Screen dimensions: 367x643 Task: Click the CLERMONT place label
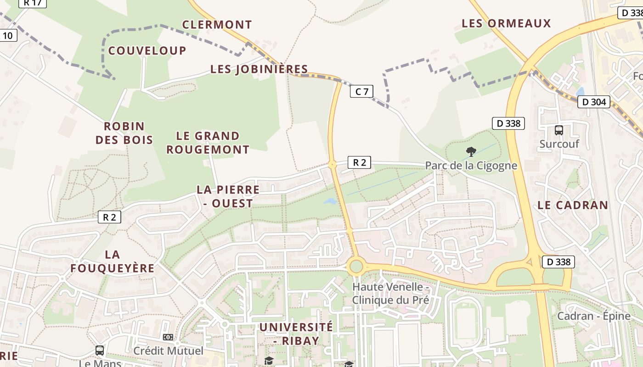pyautogui.click(x=217, y=25)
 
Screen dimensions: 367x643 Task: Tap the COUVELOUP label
pyautogui.click(x=147, y=50)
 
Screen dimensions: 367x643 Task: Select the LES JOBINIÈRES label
pyautogui.click(x=259, y=69)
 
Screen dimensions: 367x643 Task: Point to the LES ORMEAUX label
pyautogui.click(x=506, y=23)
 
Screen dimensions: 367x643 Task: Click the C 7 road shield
pyautogui.click(x=361, y=92)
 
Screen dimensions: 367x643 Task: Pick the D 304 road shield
pyautogui.click(x=594, y=102)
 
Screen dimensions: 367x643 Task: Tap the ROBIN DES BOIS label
pyautogui.click(x=124, y=133)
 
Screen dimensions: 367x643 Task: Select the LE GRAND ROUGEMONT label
pyautogui.click(x=208, y=143)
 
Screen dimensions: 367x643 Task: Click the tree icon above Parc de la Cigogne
pyautogui.click(x=471, y=152)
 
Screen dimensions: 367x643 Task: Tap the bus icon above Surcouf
pyautogui.click(x=558, y=130)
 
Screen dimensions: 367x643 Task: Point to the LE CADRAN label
pyautogui.click(x=573, y=205)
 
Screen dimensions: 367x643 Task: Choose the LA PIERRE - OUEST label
pyautogui.click(x=228, y=196)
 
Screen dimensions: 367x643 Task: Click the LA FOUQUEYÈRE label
pyautogui.click(x=113, y=261)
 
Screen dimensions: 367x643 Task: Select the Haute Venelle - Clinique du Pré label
pyautogui.click(x=390, y=294)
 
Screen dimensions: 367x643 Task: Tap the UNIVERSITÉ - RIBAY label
pyautogui.click(x=296, y=334)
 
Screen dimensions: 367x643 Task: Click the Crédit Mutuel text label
pyautogui.click(x=168, y=351)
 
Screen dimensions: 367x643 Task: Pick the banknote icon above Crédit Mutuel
pyautogui.click(x=168, y=337)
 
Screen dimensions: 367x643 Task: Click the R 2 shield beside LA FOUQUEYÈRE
pyautogui.click(x=109, y=217)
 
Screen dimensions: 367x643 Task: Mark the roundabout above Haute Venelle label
pyautogui.click(x=355, y=266)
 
